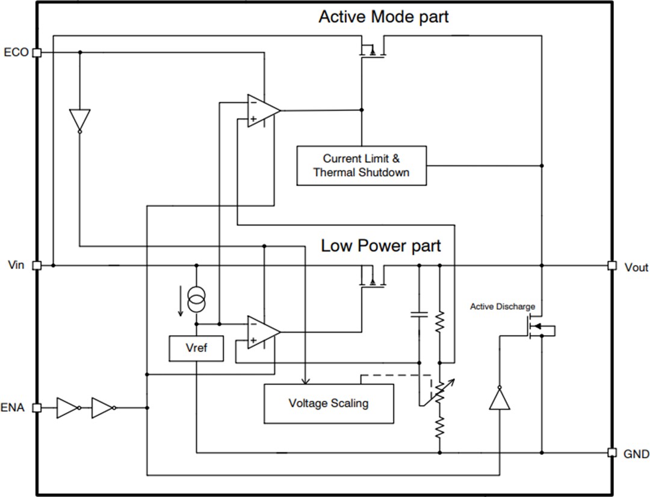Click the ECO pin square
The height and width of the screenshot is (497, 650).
pyautogui.click(x=37, y=53)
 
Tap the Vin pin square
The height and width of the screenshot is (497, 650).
pyautogui.click(x=37, y=265)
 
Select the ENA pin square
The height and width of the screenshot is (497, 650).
pyautogui.click(x=37, y=408)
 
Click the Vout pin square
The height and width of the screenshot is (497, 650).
pyautogui.click(x=612, y=265)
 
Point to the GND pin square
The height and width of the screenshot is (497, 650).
pyautogui.click(x=612, y=452)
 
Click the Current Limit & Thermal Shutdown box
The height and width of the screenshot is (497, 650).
pyautogui.click(x=361, y=165)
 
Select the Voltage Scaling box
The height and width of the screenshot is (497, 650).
pyautogui.click(x=329, y=403)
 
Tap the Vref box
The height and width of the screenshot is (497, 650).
pyautogui.click(x=196, y=348)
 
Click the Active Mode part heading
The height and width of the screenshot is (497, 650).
pyautogui.click(x=383, y=16)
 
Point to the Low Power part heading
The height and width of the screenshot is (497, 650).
pyautogui.click(x=380, y=245)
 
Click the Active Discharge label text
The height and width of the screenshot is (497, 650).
pyautogui.click(x=502, y=307)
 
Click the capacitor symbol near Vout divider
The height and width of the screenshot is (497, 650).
pyautogui.click(x=418, y=313)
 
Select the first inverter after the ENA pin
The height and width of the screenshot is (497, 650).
pyautogui.click(x=67, y=408)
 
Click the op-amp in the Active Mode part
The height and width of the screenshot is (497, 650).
pyautogui.click(x=263, y=111)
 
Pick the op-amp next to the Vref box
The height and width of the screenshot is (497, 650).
pyautogui.click(x=263, y=332)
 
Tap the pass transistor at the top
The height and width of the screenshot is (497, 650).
pyautogui.click(x=373, y=51)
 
